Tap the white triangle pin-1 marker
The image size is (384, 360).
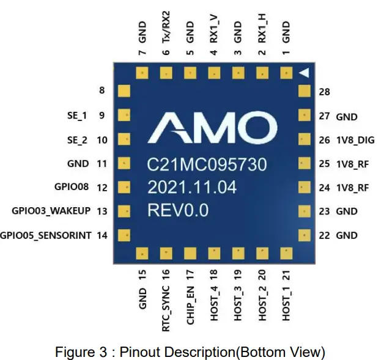coord(304,73)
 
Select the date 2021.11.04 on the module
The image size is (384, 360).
coord(192,188)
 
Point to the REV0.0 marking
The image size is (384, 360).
coord(178,210)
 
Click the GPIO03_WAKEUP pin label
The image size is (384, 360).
coord(51,211)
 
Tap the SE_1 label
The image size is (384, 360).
coord(76,115)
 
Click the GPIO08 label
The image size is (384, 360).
coord(72,188)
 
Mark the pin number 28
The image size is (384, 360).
coord(324,92)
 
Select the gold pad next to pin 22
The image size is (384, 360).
coord(304,235)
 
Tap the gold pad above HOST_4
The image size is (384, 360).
coord(213,253)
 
